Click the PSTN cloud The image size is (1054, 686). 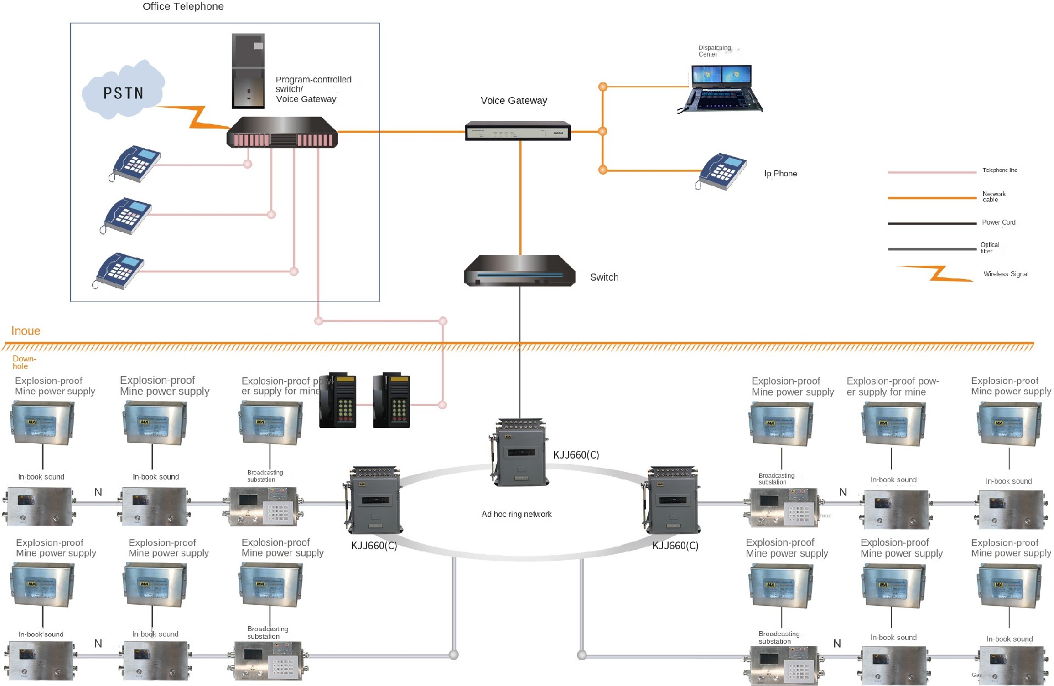(x=123, y=91)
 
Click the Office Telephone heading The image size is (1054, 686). (x=183, y=7)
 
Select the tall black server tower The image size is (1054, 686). (x=248, y=70)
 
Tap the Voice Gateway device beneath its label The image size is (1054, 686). (x=518, y=131)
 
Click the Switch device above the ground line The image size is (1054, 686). (x=519, y=271)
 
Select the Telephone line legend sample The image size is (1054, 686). (x=932, y=172)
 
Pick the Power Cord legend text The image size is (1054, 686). (x=999, y=222)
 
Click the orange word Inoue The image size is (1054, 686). (x=26, y=331)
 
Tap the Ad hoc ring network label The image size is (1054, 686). (x=516, y=514)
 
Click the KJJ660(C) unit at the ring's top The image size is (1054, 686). (x=519, y=453)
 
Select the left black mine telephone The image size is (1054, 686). (x=338, y=401)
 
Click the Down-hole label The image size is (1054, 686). (x=23, y=362)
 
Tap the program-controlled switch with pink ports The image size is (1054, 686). (x=282, y=133)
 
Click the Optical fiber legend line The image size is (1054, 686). (x=932, y=249)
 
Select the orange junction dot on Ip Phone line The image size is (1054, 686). (x=603, y=170)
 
